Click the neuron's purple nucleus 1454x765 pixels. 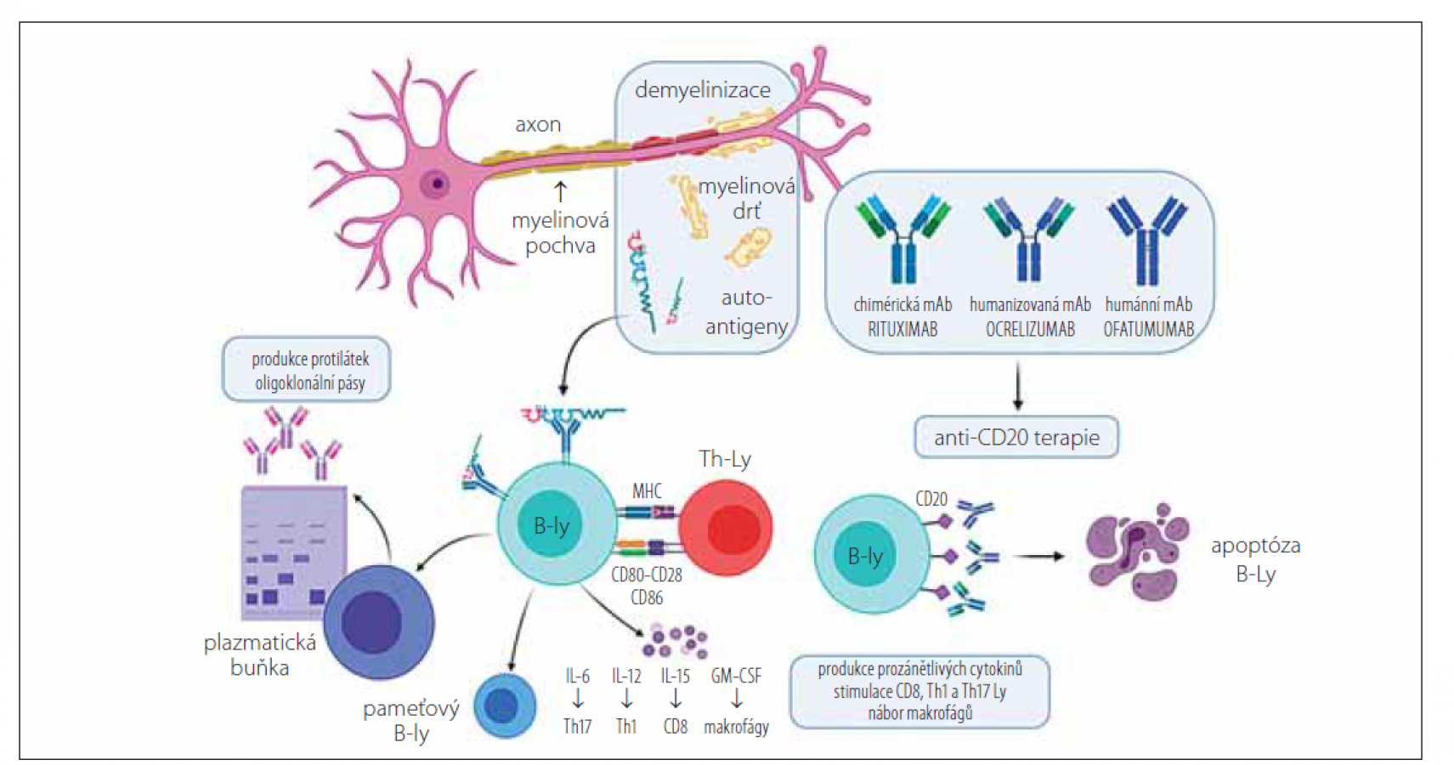coord(437,183)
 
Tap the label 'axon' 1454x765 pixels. coord(538,125)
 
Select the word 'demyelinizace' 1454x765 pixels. coord(703,90)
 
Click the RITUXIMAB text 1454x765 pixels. coord(902,329)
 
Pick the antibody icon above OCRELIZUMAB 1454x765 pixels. coord(1029,238)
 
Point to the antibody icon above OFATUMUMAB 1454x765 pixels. coord(1146,238)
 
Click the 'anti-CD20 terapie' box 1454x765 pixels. coord(1016,438)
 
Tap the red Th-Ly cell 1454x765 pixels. coord(726,527)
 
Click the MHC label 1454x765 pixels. coord(647,490)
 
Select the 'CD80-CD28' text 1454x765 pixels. coord(647,575)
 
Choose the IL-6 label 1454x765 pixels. coord(577,676)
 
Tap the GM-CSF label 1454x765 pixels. coord(736,676)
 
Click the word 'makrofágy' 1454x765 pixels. coord(736,727)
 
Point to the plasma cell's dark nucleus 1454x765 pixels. coord(371,622)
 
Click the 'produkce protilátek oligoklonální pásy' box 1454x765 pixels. coord(307,371)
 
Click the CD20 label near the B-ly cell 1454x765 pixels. coord(931,499)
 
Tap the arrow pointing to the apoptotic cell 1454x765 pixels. coord(1040,557)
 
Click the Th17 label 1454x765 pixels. coord(577,727)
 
